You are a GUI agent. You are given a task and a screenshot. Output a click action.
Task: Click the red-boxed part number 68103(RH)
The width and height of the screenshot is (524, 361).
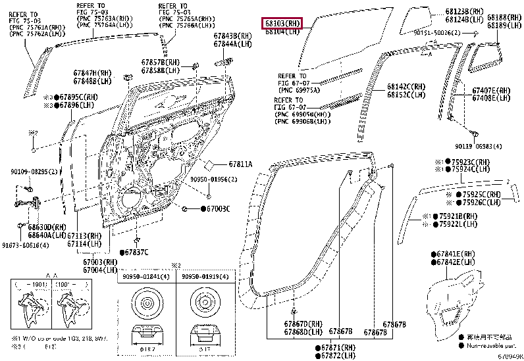pos(282,23)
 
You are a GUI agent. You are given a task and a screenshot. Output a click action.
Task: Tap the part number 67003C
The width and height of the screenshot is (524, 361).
pos(216,208)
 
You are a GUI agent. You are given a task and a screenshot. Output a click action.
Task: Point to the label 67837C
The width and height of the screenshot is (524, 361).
pos(136,253)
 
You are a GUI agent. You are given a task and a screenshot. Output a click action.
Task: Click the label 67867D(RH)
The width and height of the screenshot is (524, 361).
pos(304,324)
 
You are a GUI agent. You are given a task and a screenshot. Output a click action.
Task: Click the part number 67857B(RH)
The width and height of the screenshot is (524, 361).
pos(161,62)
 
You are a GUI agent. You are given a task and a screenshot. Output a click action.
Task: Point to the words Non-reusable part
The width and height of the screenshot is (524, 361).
pos(491,345)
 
